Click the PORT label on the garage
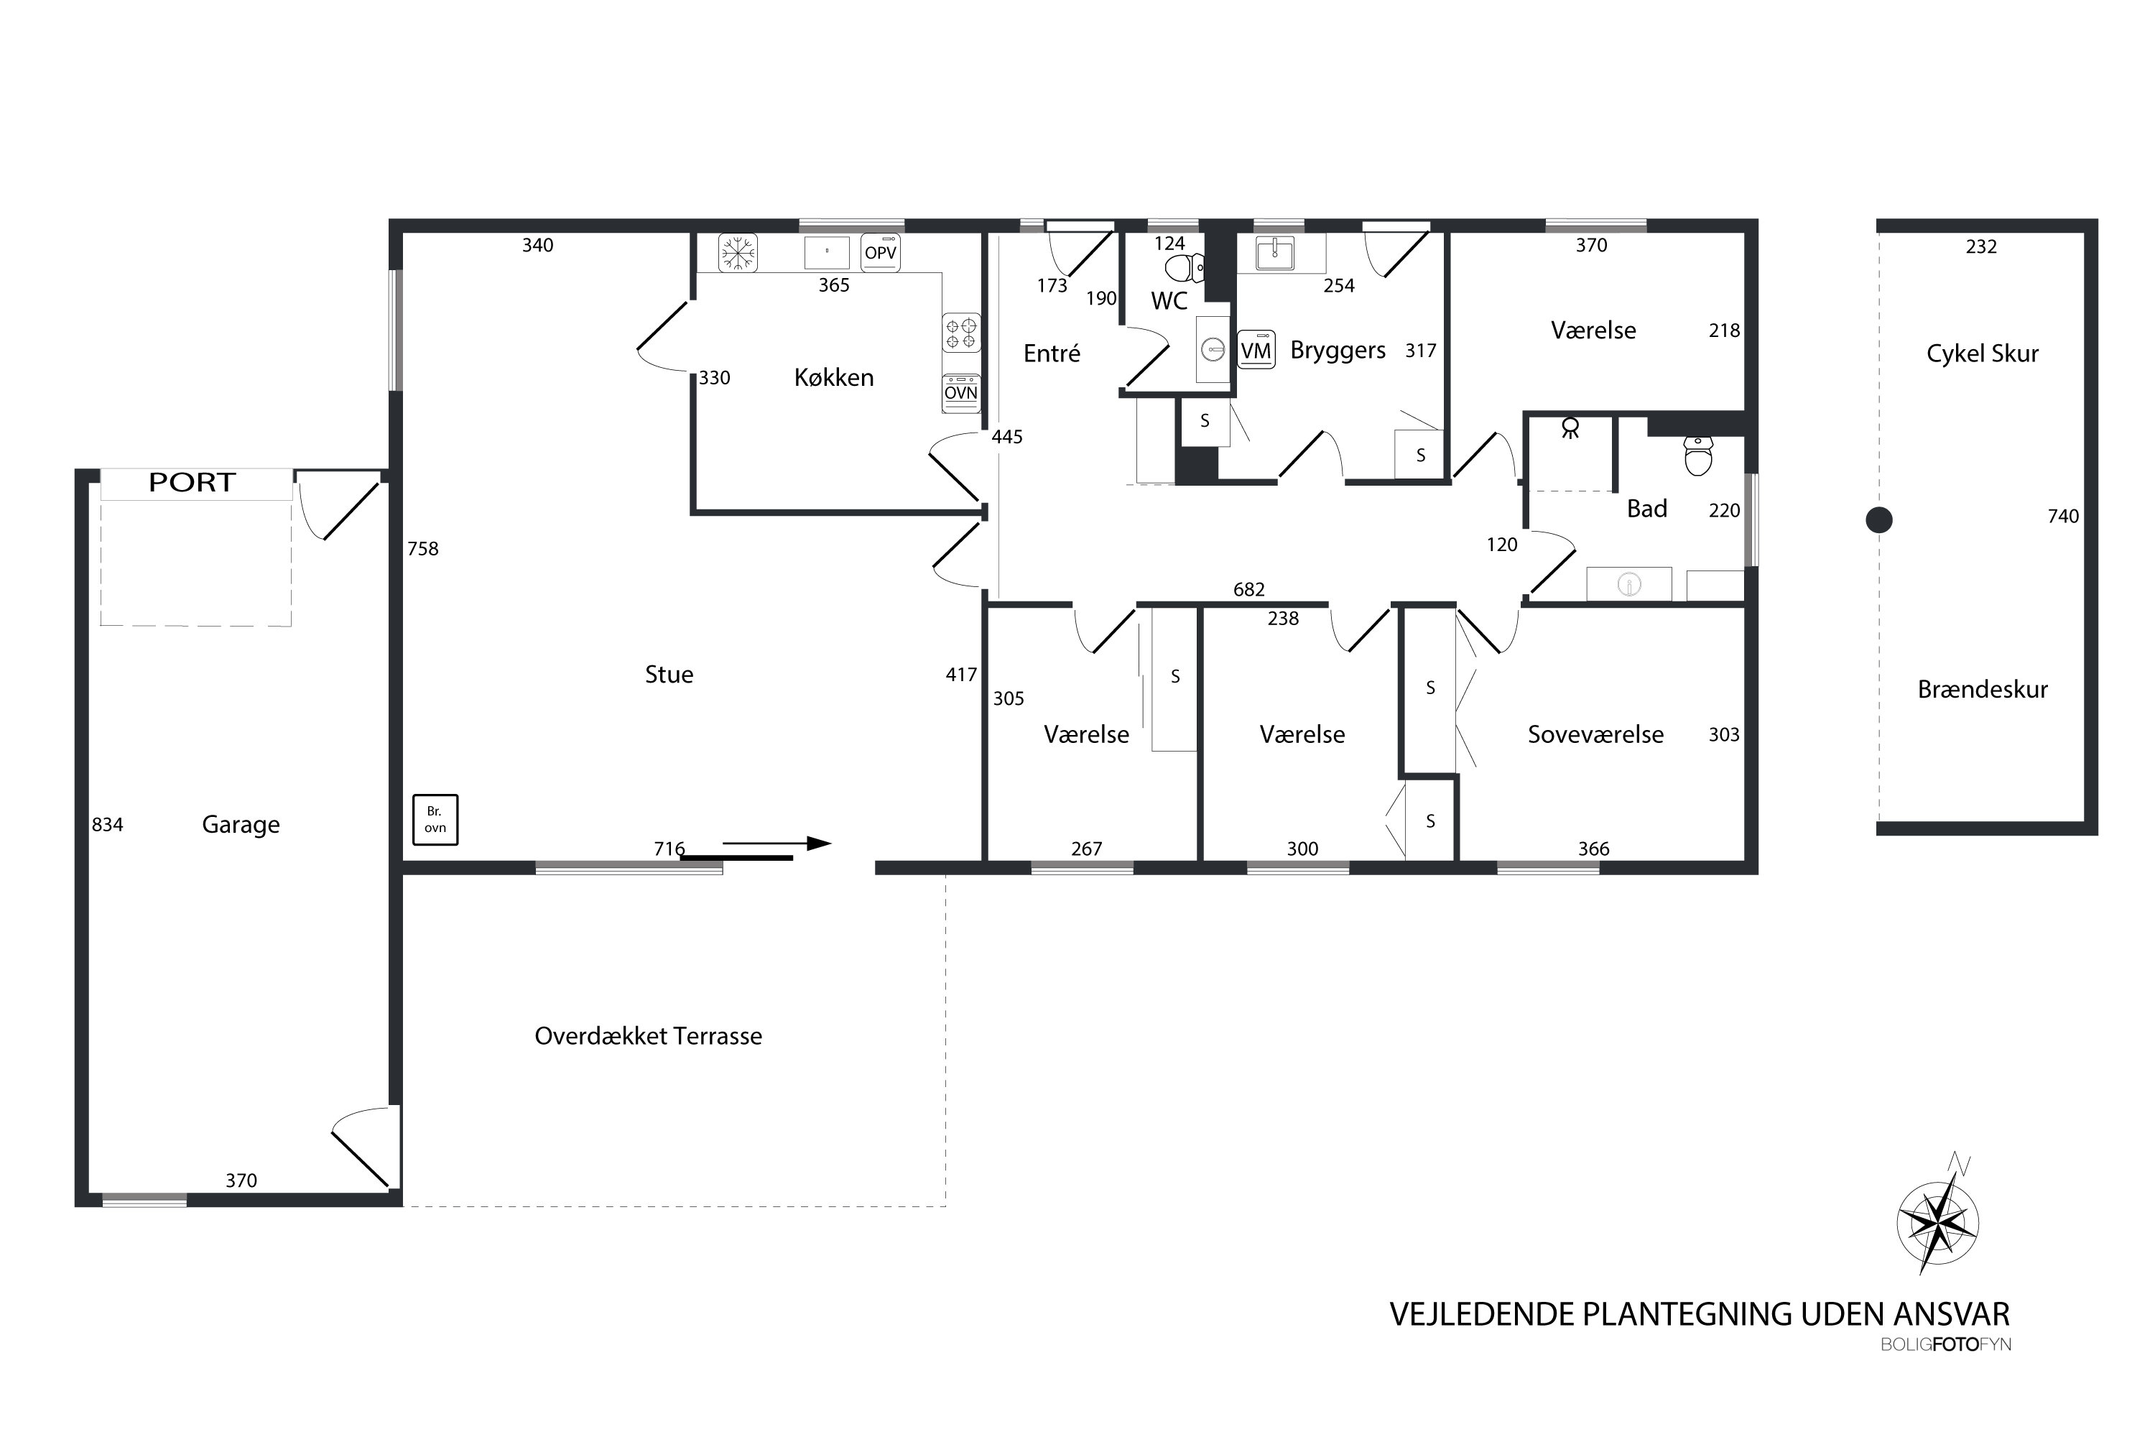(x=193, y=482)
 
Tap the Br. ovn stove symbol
(x=435, y=819)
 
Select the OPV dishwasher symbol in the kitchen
(x=881, y=253)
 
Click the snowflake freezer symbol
(x=737, y=253)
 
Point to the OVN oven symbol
(x=961, y=392)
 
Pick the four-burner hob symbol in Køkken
(x=961, y=333)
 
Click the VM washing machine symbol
(x=1256, y=350)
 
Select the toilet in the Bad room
(x=1699, y=456)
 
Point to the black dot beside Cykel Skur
(x=1879, y=520)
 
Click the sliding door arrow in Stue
(x=777, y=843)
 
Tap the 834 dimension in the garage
(x=107, y=825)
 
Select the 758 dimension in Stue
(x=423, y=549)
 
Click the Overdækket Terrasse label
(x=649, y=1037)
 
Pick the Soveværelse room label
(x=1595, y=735)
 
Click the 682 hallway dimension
(x=1249, y=589)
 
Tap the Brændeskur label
(x=1983, y=689)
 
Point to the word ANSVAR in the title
(x=1952, y=1314)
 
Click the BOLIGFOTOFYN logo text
(x=1946, y=1344)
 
